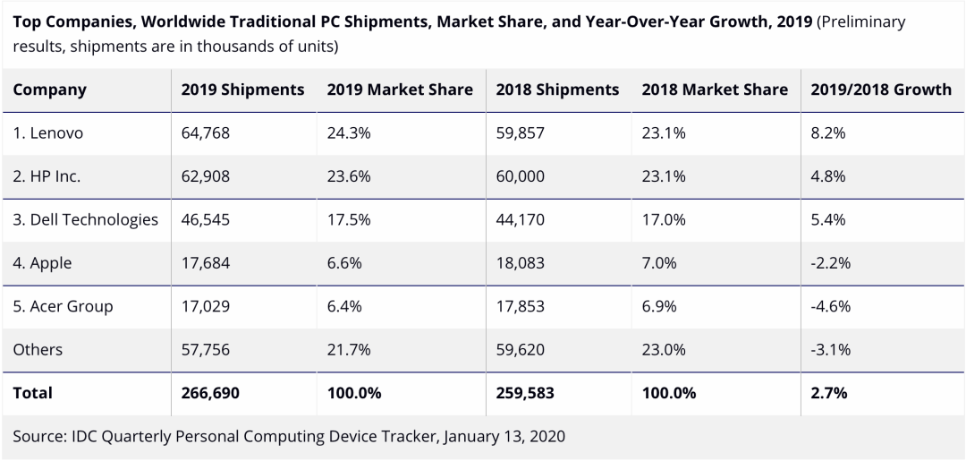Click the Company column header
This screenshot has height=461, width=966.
(50, 90)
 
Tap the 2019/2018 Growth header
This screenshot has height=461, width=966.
(880, 90)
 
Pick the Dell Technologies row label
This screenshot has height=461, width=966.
(85, 219)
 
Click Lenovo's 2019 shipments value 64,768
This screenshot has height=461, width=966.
(205, 133)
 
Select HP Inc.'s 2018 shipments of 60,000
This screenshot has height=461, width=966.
(520, 176)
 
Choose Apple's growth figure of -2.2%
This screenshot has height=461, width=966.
(829, 263)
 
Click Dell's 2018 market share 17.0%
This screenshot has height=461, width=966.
(664, 219)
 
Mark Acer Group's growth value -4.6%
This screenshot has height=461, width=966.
(829, 306)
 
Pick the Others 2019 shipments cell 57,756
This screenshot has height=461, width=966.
(205, 349)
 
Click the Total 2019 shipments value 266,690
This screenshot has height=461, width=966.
(209, 393)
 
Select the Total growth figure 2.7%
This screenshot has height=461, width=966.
(828, 393)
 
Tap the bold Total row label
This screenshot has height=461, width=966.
(33, 393)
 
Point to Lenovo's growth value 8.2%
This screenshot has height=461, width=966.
(827, 133)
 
